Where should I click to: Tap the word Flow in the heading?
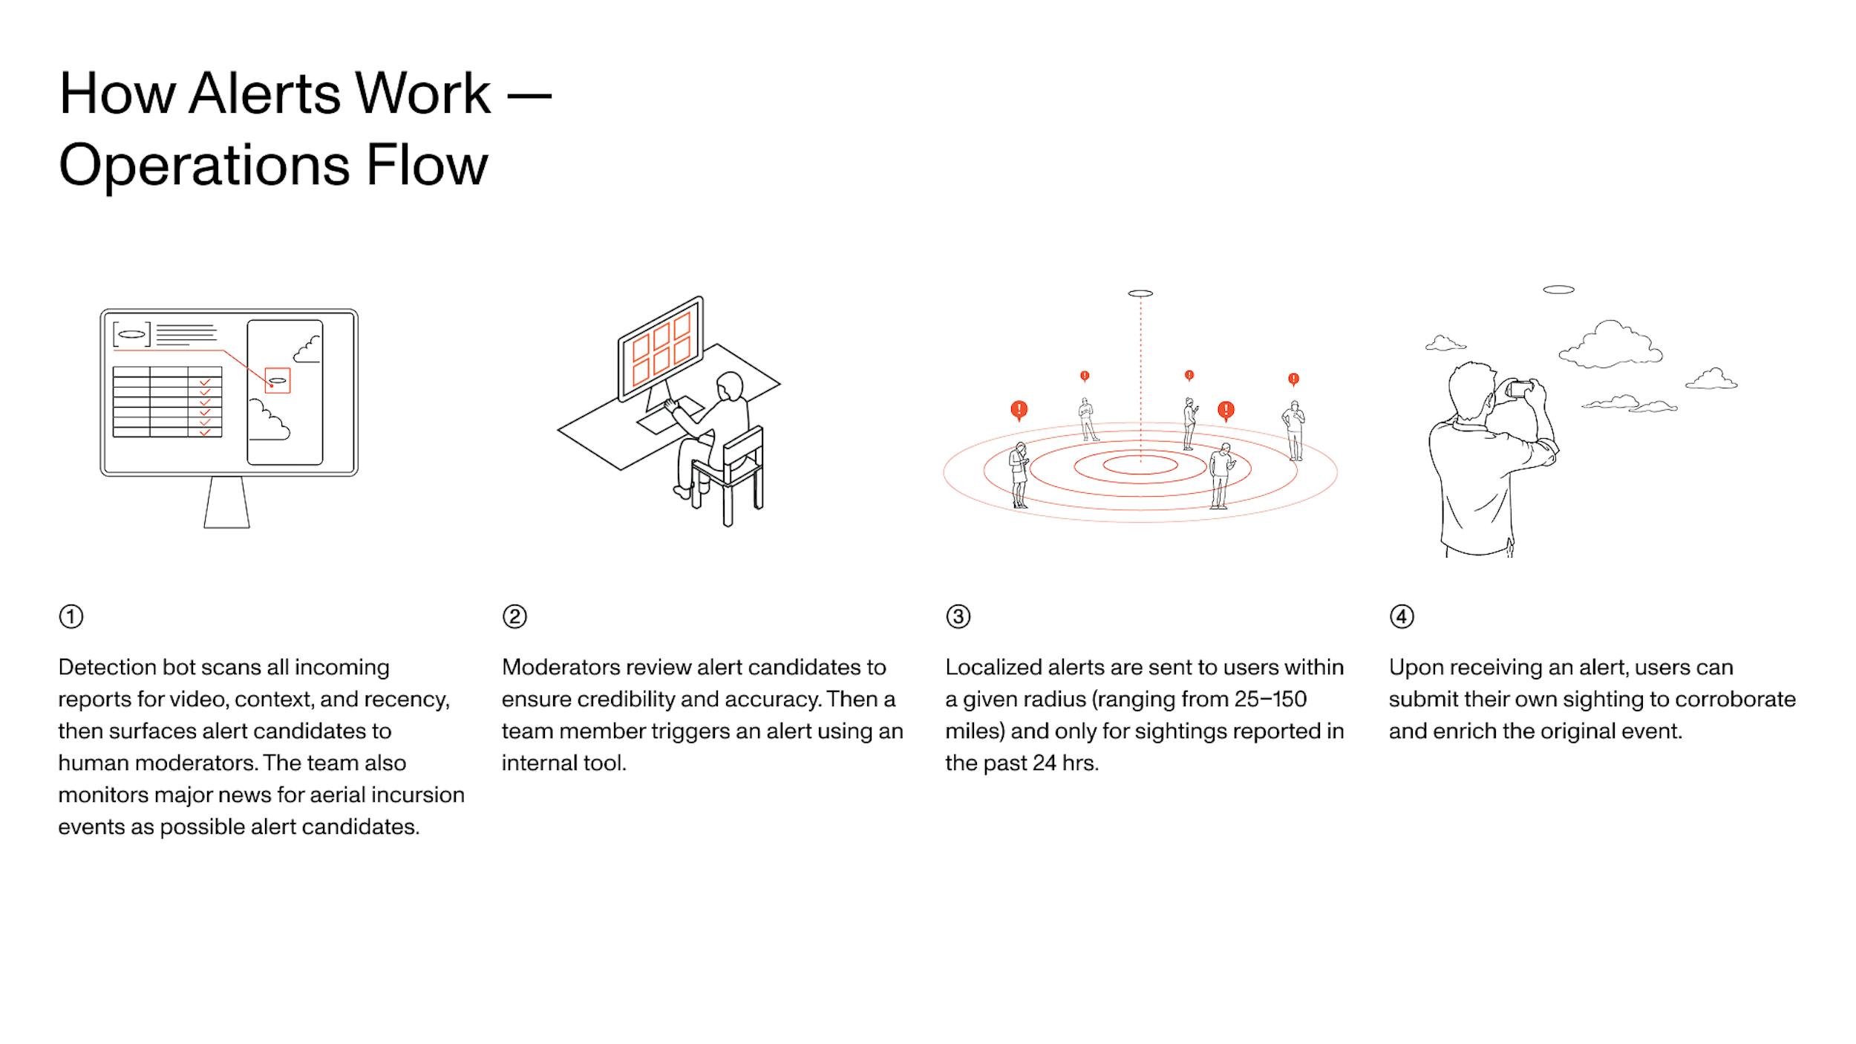[x=427, y=165]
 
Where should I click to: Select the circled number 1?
[x=71, y=616]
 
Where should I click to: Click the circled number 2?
[x=514, y=616]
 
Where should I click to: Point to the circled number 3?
[x=958, y=616]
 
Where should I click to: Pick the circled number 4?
[x=1402, y=616]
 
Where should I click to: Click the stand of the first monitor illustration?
[x=226, y=502]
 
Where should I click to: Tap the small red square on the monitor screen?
[x=278, y=380]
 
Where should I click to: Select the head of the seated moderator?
[x=730, y=385]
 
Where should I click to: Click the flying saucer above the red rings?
[x=1140, y=293]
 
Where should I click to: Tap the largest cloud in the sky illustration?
[x=1610, y=345]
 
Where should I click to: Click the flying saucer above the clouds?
[x=1558, y=290]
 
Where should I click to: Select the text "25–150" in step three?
[x=1270, y=699]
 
